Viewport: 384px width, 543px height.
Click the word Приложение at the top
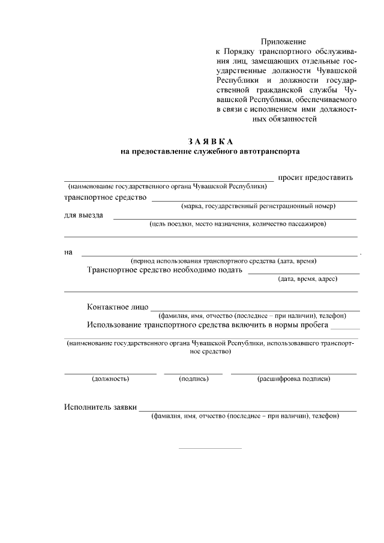[x=283, y=42]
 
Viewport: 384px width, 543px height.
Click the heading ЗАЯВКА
[x=210, y=142]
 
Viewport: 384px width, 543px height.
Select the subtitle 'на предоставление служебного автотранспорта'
[x=210, y=152]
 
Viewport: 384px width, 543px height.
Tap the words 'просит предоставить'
[x=316, y=178]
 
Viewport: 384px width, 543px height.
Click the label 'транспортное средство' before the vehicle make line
[x=105, y=197]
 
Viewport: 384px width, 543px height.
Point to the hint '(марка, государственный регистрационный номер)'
[x=258, y=206]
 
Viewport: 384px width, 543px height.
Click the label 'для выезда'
[x=83, y=215]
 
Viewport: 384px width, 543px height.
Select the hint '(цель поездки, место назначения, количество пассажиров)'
[x=238, y=224]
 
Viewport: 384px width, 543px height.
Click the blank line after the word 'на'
[x=219, y=255]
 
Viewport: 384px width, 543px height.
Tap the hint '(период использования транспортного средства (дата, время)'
[x=224, y=261]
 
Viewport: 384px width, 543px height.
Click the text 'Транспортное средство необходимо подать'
[x=164, y=270]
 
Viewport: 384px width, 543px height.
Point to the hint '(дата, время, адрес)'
[x=307, y=278]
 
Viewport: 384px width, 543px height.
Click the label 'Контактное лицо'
[x=118, y=307]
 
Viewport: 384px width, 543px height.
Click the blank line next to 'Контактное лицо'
[x=255, y=311]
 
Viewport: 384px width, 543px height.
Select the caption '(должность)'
[x=110, y=379]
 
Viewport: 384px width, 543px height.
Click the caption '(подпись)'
[x=194, y=379]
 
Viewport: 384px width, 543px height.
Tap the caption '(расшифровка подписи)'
[x=293, y=379]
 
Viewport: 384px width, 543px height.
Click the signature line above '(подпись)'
[x=193, y=374]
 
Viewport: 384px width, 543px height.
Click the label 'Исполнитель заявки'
[x=100, y=407]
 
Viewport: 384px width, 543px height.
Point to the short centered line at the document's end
[x=210, y=448]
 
